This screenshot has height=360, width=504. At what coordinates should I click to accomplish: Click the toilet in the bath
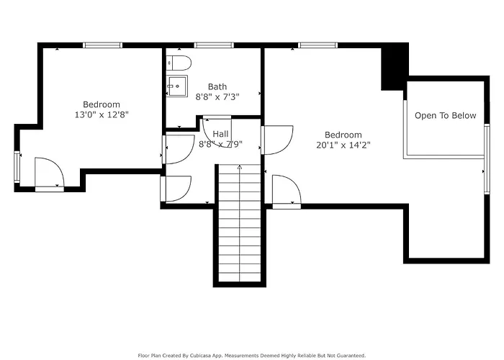[x=179, y=63]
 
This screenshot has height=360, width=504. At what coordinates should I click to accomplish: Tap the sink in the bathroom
[x=177, y=86]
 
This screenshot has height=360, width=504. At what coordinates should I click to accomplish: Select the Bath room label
[x=217, y=87]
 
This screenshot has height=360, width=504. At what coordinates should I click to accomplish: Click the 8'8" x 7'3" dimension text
[x=217, y=96]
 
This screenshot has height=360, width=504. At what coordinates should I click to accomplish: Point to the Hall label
[x=220, y=134]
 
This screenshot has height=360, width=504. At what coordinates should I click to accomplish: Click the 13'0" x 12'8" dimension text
[x=102, y=114]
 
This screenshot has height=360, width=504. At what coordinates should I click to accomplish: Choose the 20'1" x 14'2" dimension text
[x=343, y=145]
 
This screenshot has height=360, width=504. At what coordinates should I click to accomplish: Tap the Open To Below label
[x=445, y=116]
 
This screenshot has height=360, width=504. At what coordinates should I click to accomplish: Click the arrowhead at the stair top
[x=240, y=167]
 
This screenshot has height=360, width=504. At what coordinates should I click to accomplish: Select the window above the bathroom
[x=214, y=45]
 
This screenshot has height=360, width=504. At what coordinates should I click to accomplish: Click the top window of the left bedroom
[x=102, y=45]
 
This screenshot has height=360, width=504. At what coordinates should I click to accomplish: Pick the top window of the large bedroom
[x=318, y=45]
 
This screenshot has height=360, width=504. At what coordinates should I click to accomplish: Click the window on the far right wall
[x=487, y=159]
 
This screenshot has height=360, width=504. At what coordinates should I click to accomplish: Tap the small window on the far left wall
[x=17, y=167]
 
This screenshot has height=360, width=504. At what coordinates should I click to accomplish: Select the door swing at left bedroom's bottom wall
[x=49, y=174]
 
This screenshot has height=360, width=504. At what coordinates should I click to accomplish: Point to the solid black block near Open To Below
[x=395, y=67]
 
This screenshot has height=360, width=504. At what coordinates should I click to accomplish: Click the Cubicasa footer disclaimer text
[x=252, y=356]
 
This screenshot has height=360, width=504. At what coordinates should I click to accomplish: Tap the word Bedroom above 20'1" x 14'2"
[x=343, y=135]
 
